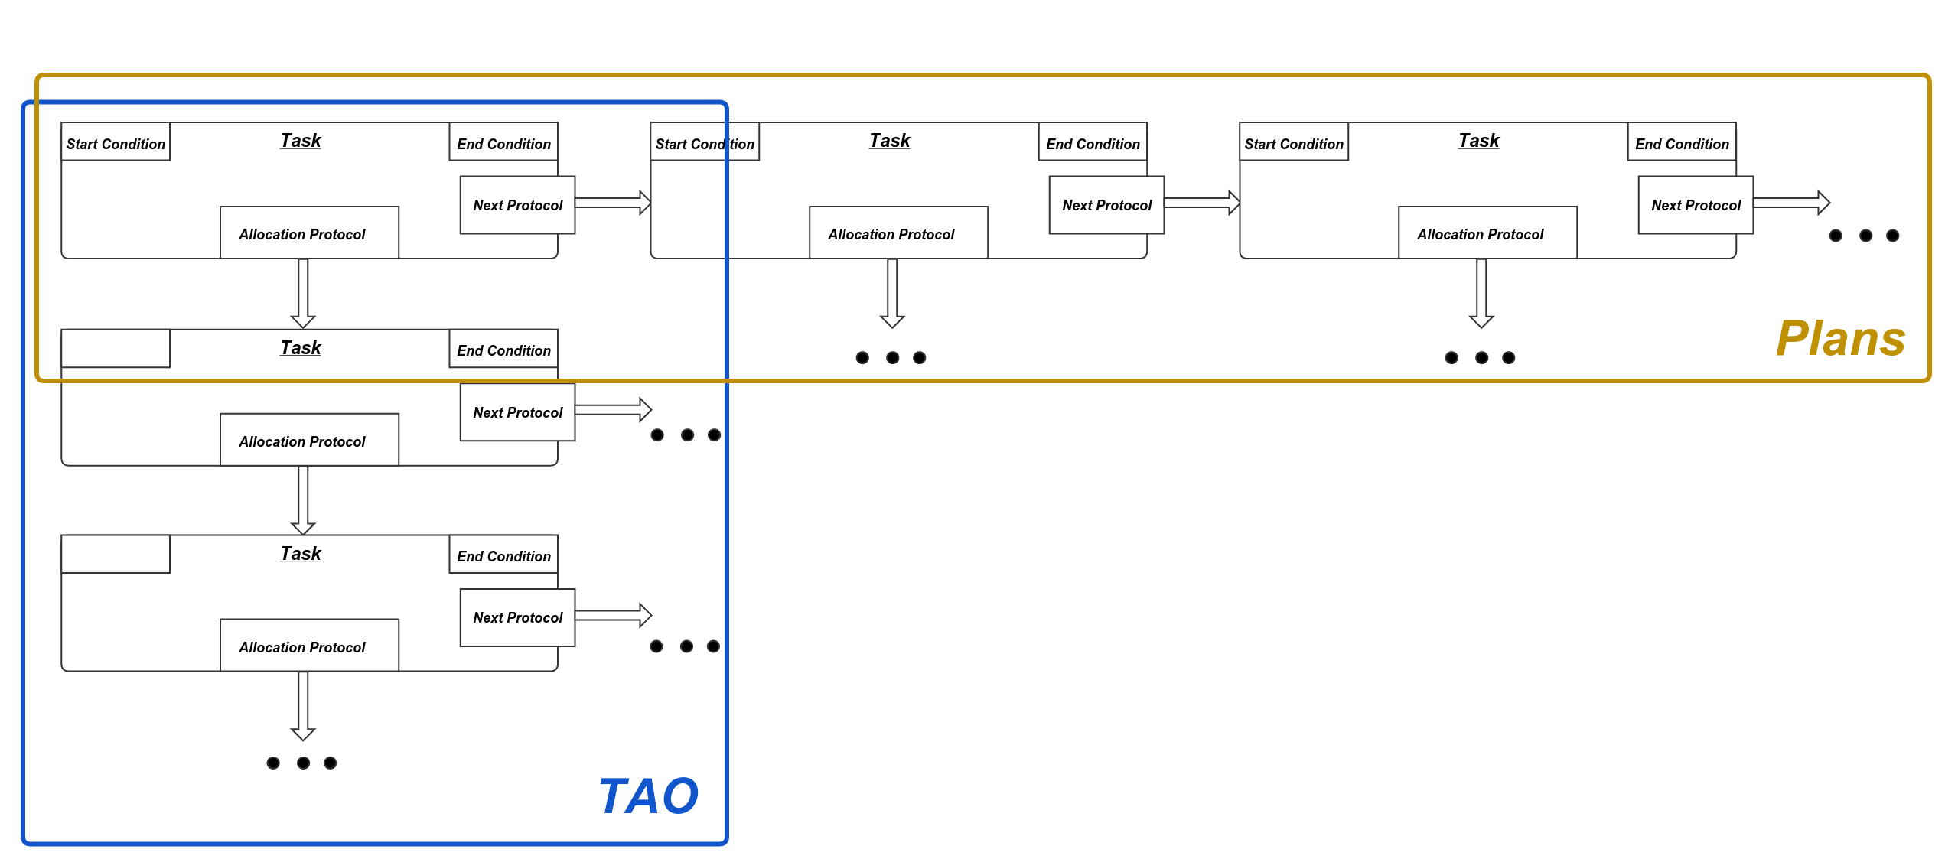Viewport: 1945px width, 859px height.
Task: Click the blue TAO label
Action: pyautogui.click(x=648, y=796)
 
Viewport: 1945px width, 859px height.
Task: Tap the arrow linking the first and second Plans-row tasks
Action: pyautogui.click(x=612, y=203)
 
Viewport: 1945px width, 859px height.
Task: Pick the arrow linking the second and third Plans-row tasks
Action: pyautogui.click(x=1201, y=203)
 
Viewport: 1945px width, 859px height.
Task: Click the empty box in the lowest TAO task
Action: pyautogui.click(x=116, y=554)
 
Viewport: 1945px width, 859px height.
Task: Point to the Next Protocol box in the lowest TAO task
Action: pyautogui.click(x=517, y=617)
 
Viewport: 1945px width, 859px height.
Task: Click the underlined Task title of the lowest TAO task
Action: pyautogui.click(x=301, y=553)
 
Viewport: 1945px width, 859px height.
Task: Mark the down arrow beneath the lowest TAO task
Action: pyautogui.click(x=303, y=705)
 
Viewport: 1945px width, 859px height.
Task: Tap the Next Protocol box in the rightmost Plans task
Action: pyautogui.click(x=1696, y=205)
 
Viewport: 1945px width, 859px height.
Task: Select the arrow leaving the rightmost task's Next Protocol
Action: pyautogui.click(x=1790, y=203)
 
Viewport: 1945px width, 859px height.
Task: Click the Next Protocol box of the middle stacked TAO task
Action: pyautogui.click(x=517, y=412)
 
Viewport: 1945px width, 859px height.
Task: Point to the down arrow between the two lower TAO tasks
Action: pyautogui.click(x=303, y=500)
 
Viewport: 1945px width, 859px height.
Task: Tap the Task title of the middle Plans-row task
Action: pyautogui.click(x=890, y=141)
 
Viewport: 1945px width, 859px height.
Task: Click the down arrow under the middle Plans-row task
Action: pyautogui.click(x=892, y=293)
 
